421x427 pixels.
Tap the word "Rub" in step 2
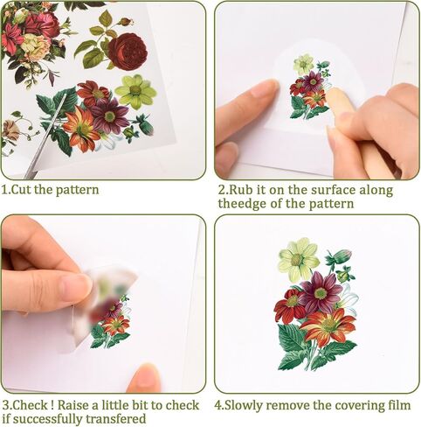click(240, 190)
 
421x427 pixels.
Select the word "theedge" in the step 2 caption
click(243, 203)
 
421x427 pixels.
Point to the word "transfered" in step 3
click(116, 419)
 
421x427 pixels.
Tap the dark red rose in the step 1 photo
click(128, 52)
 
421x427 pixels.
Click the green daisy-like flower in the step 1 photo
click(135, 91)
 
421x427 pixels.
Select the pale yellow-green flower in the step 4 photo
click(299, 258)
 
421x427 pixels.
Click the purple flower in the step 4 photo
click(320, 293)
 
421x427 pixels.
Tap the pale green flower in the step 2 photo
click(303, 64)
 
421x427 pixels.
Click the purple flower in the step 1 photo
click(110, 115)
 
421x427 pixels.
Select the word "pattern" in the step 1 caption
click(78, 191)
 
